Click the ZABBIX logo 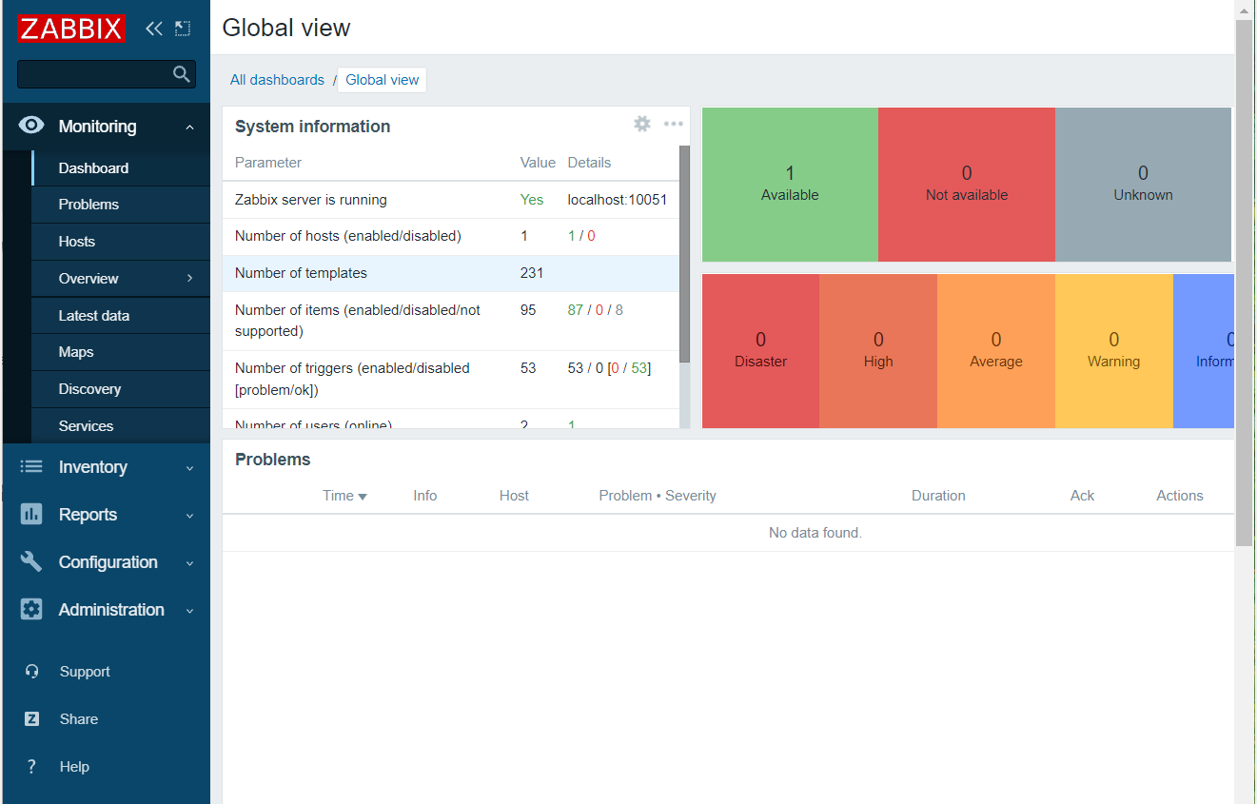[x=70, y=29]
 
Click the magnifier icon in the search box [x=181, y=74]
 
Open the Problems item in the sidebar [x=88, y=205]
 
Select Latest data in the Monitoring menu [x=93, y=316]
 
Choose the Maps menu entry [x=76, y=352]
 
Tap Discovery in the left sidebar [x=89, y=389]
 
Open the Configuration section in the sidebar [x=108, y=562]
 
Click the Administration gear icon [x=31, y=610]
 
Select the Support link [x=85, y=672]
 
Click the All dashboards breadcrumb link [x=277, y=80]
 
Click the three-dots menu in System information [x=673, y=124]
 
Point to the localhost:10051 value [x=617, y=200]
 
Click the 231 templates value [x=532, y=273]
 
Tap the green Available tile [x=790, y=184]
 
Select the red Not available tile [x=966, y=184]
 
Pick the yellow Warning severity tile [x=1113, y=350]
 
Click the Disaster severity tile [x=760, y=350]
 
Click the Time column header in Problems [x=344, y=496]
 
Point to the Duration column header [x=938, y=496]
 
